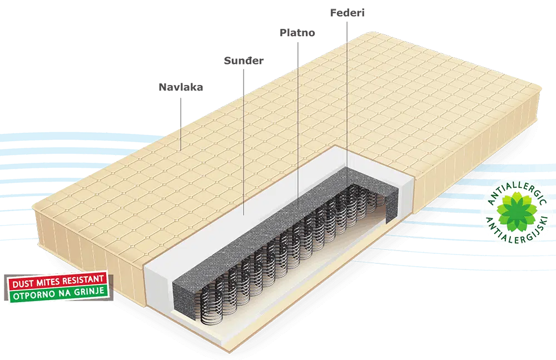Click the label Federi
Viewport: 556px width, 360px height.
tap(347, 13)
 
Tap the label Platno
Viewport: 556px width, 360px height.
tap(297, 33)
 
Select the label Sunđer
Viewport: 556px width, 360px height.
tap(244, 61)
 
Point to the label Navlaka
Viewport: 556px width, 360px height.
tap(181, 87)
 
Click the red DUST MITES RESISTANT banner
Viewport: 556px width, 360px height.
tap(58, 281)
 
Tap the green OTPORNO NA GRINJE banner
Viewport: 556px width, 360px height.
tap(58, 293)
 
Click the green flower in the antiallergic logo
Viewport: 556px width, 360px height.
tap(517, 212)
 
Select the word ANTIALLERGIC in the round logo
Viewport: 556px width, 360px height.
tap(516, 192)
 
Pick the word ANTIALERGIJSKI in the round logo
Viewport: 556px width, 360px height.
tap(517, 231)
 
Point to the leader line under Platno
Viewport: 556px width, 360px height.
tap(297, 125)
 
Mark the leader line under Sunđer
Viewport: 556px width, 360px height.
tap(244, 142)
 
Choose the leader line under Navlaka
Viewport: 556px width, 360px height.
tap(181, 124)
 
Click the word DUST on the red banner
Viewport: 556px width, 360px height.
tap(23, 284)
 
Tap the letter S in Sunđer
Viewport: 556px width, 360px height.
tap(227, 61)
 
